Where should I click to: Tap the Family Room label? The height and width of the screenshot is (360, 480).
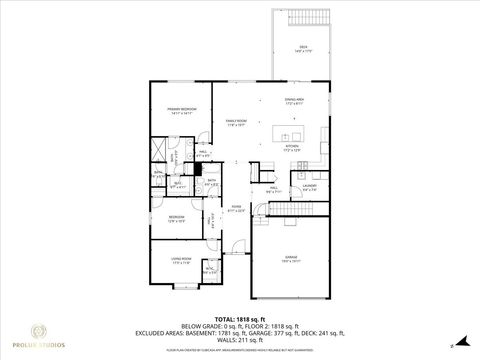pos(236,123)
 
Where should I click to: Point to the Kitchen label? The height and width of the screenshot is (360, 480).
pos(293,147)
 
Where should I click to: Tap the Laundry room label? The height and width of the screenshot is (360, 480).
pos(310,185)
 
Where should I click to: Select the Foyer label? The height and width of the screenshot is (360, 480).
pos(236,209)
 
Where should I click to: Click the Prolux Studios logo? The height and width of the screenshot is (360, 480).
pos(41,334)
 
